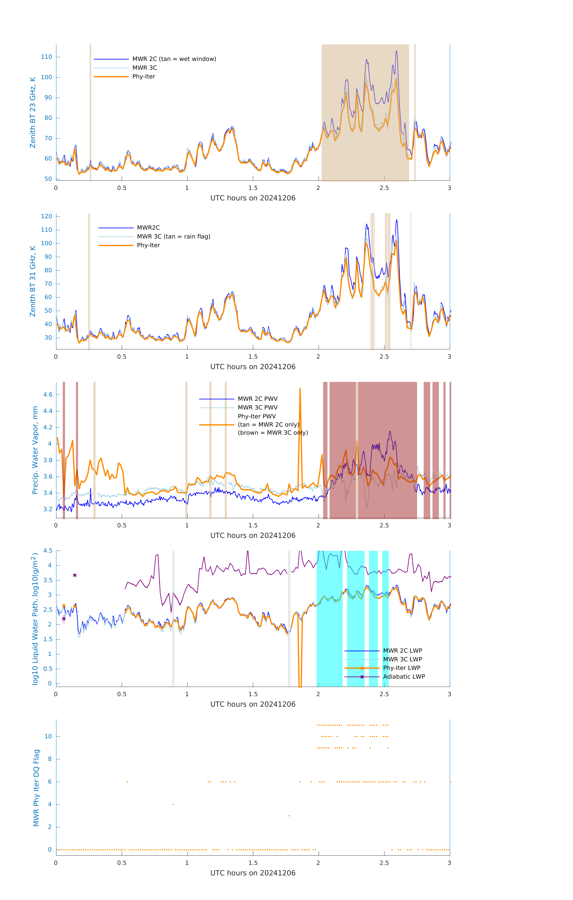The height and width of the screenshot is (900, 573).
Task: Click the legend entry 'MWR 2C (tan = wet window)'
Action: pyautogui.click(x=174, y=59)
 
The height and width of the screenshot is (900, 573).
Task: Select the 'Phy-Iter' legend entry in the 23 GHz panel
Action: pyautogui.click(x=144, y=77)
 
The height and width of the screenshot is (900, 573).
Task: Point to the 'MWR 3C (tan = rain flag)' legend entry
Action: pyautogui.click(x=174, y=237)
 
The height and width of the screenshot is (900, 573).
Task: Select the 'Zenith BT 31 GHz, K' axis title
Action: pyautogui.click(x=33, y=281)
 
